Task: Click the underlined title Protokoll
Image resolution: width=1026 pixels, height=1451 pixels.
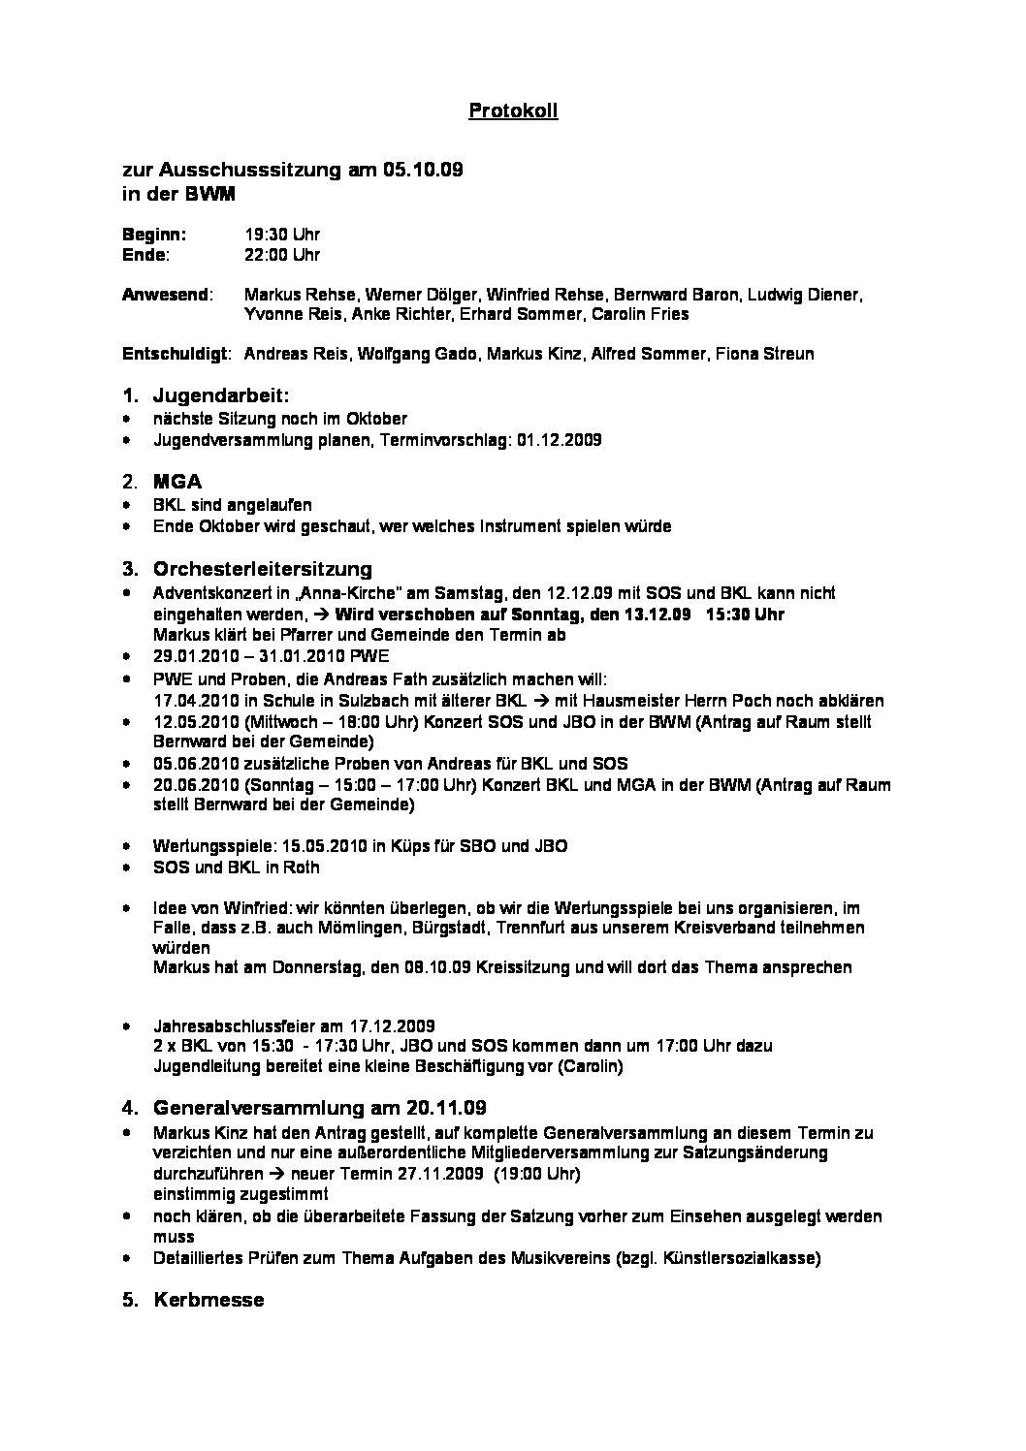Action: (x=513, y=111)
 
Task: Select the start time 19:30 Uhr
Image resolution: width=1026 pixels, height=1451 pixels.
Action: (x=281, y=235)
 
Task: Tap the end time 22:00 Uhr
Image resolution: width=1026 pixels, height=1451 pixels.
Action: (x=281, y=255)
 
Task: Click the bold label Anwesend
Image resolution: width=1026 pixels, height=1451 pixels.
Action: (x=165, y=294)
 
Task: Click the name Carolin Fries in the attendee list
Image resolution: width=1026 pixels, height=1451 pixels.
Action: (x=642, y=314)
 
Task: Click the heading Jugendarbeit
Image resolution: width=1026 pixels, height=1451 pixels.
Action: (x=221, y=395)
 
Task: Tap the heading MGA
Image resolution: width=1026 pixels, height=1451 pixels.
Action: (x=177, y=482)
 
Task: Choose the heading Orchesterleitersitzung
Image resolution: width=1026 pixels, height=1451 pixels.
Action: (x=262, y=569)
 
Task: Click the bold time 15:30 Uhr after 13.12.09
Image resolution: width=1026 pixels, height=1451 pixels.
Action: (x=746, y=614)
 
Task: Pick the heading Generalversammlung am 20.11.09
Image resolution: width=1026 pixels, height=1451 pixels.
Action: (x=320, y=1107)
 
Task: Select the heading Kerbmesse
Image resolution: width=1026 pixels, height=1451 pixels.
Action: (x=208, y=1300)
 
